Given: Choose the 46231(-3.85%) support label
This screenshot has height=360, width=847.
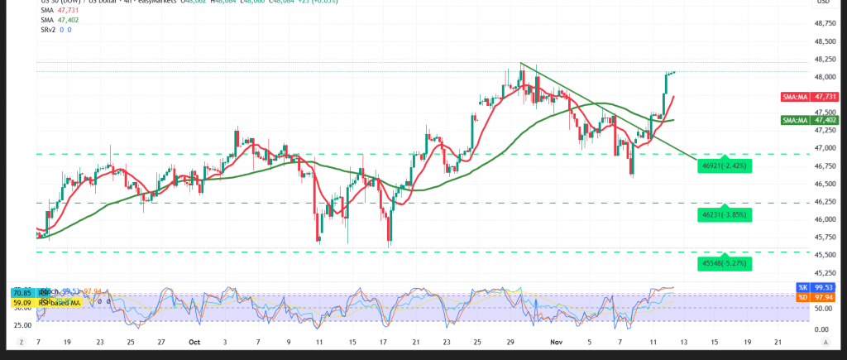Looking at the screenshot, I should [x=725, y=214].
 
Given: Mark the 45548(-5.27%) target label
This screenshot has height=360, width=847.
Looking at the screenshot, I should [x=725, y=263].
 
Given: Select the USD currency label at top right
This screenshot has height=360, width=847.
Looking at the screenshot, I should [x=823, y=2].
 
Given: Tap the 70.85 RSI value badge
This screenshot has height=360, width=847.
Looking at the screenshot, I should [x=22, y=292].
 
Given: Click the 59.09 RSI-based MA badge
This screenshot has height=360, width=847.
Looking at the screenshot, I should [x=22, y=303].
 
